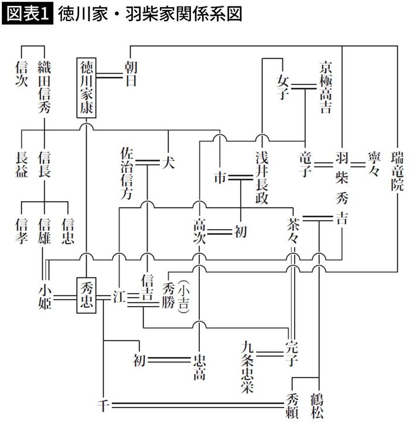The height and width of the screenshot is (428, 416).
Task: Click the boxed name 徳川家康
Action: [87, 88]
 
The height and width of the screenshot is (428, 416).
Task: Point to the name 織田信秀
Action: [45, 80]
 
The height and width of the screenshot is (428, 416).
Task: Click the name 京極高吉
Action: [326, 86]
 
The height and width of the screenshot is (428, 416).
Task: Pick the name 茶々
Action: [292, 230]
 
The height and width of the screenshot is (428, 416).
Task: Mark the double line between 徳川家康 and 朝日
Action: [110, 74]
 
